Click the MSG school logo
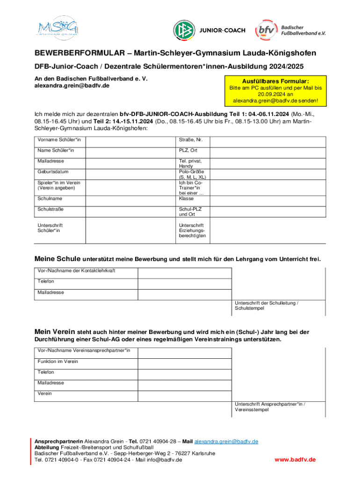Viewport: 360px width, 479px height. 58,29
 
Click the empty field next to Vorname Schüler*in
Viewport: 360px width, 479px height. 130,140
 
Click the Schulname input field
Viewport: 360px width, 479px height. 130,198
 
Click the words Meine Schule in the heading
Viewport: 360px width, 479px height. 58,259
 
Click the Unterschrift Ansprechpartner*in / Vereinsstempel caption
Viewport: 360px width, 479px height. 273,406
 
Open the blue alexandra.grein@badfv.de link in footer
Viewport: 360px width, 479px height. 226,442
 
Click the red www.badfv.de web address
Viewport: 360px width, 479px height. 295,460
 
